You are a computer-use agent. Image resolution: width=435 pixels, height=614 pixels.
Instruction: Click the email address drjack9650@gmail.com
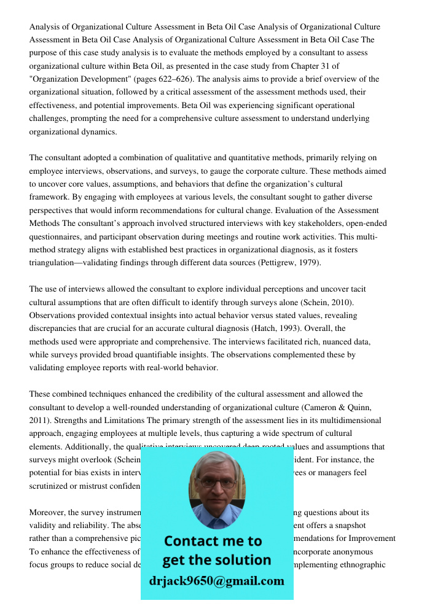pos(217,581)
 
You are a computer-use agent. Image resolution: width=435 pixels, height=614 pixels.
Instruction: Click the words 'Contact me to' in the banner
pos(213,541)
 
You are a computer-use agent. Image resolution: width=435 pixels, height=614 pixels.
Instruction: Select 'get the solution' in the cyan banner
pos(216,560)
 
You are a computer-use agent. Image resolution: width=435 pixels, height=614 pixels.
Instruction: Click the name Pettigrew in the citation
pos(277,262)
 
